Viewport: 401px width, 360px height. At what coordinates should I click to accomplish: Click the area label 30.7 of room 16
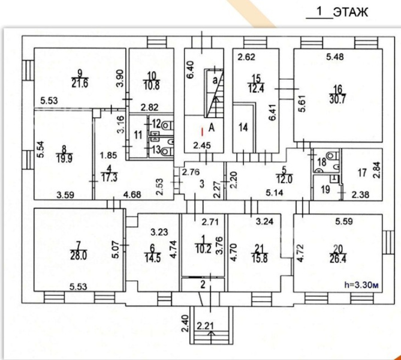(338, 99)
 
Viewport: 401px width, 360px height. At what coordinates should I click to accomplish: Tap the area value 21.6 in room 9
(80, 83)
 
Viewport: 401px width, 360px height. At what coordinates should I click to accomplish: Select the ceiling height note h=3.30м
(361, 284)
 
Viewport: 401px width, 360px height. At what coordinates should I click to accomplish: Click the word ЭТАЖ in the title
(351, 12)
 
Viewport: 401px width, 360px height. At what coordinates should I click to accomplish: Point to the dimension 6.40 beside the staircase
(191, 70)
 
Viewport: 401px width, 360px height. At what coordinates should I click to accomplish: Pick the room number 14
(243, 127)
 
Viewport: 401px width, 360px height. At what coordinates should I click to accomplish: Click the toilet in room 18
(333, 155)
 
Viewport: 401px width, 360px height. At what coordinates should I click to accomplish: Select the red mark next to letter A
(203, 132)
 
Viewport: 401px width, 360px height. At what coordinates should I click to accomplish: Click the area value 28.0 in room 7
(79, 255)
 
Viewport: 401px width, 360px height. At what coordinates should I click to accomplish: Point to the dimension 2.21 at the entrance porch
(205, 326)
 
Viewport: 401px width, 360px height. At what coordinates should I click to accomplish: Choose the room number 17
(363, 173)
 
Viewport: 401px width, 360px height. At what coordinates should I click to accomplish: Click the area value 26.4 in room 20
(338, 259)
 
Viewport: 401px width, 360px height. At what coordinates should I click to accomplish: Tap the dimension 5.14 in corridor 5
(275, 193)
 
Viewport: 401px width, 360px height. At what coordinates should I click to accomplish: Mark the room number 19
(325, 190)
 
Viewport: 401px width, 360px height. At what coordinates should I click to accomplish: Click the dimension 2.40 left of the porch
(185, 323)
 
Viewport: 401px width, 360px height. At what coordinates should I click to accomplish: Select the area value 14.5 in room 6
(153, 257)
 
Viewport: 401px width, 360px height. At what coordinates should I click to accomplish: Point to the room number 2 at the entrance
(203, 284)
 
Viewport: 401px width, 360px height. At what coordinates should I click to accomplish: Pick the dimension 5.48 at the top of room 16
(335, 57)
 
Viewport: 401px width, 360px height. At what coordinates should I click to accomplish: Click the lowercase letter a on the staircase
(215, 80)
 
